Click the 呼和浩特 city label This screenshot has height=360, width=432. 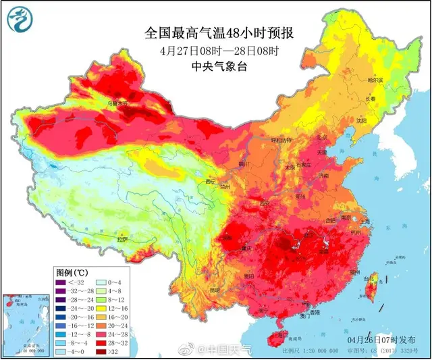pyautogui.click(x=280, y=140)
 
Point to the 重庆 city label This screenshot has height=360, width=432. pyautogui.click(x=248, y=249)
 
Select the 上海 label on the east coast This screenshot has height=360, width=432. pyautogui.click(x=365, y=221)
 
